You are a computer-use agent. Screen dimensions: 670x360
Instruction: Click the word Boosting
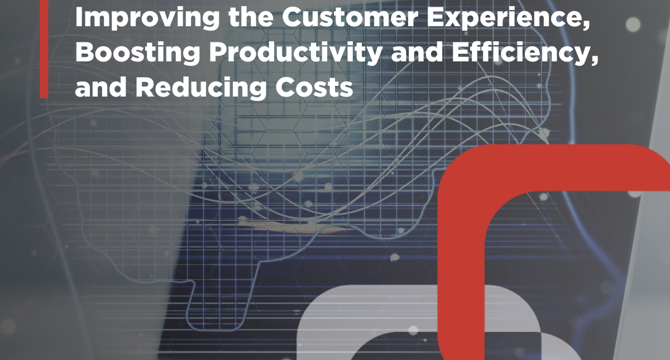point(137,53)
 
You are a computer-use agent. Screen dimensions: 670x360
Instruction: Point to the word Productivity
point(295,53)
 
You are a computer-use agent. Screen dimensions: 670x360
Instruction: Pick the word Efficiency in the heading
point(521,53)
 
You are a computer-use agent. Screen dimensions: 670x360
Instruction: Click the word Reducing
point(200,87)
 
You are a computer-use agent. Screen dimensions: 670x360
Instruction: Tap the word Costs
point(314,87)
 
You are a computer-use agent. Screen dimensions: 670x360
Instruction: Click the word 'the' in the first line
point(251,17)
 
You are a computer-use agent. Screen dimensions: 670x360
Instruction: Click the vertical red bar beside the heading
point(44,49)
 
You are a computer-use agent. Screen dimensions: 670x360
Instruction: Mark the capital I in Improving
point(79,17)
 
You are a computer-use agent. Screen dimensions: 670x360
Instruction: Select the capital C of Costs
point(286,86)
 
